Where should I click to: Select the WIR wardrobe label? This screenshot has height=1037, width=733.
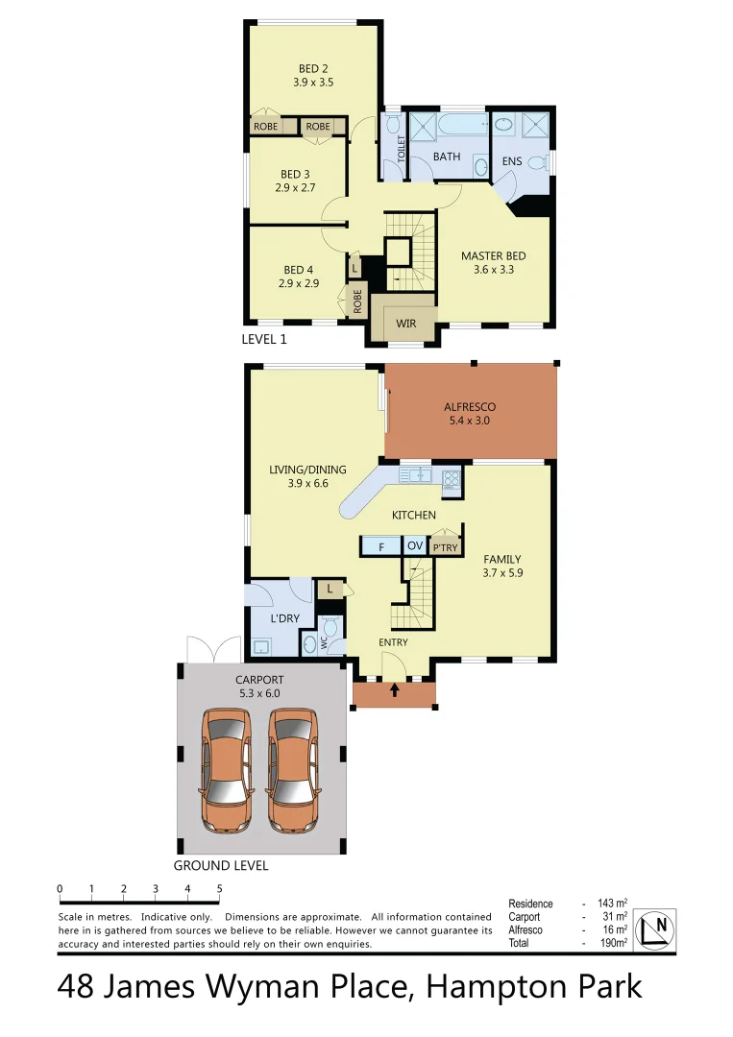click(x=406, y=324)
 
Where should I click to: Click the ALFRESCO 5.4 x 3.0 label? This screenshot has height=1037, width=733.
click(x=470, y=413)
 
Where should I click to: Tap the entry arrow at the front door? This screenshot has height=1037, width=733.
click(x=395, y=689)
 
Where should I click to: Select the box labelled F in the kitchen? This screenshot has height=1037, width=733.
click(x=381, y=547)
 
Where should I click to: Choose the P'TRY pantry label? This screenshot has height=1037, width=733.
click(x=445, y=548)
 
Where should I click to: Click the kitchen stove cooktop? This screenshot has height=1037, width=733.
click(x=452, y=476)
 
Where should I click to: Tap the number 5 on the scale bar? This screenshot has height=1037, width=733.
click(x=220, y=888)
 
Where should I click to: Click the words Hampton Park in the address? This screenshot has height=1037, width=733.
click(x=533, y=987)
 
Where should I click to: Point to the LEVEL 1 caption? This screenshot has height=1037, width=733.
click(x=264, y=339)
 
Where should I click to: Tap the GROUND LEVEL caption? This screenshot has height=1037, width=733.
click(x=221, y=865)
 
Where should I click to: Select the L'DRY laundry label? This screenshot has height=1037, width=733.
click(x=284, y=618)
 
